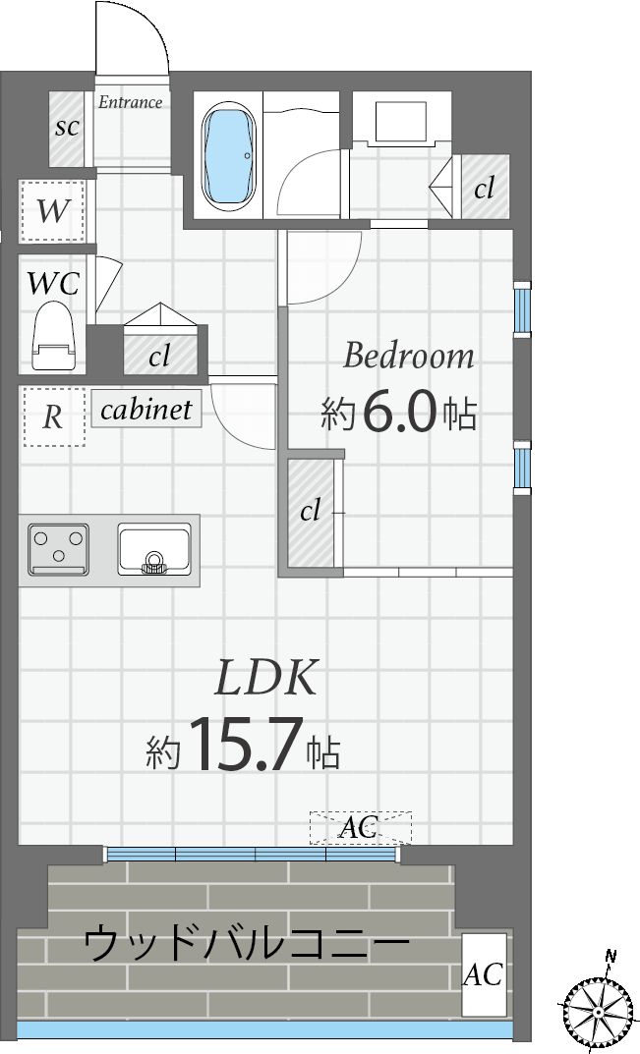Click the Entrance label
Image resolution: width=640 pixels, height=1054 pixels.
pos(130,102)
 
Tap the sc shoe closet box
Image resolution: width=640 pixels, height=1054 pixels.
pos(68,129)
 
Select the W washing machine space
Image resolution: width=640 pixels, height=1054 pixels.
pos(52,210)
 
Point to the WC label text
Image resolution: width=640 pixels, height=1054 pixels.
pos(53,283)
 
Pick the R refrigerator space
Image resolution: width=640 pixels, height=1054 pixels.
pos(53,416)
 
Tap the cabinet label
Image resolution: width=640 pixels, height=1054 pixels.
pos(146,409)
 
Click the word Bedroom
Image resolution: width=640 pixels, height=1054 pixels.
pos(408,356)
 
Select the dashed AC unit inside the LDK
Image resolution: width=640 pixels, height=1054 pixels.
pos(360,828)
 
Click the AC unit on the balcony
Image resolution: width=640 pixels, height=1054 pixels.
pos(484,974)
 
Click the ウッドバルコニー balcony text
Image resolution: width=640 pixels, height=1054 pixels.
pos(246,945)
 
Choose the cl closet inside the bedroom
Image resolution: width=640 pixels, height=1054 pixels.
pos(311,512)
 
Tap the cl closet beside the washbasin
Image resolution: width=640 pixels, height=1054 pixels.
pos(485,188)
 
